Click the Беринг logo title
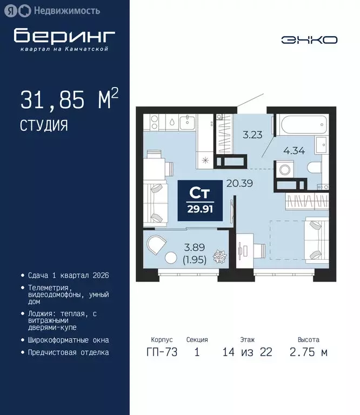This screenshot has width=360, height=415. (64, 36)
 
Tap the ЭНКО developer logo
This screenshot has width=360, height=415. (309, 39)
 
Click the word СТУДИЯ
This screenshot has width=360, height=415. (44, 126)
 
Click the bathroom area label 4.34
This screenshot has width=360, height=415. (294, 151)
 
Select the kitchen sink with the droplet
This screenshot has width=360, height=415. (172, 122)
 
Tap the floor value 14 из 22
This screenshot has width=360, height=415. (247, 353)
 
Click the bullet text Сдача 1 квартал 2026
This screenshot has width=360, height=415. (69, 276)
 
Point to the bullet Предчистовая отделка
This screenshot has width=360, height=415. (68, 352)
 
